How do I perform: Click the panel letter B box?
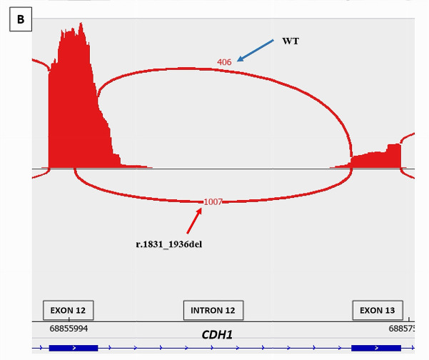tap(20, 19)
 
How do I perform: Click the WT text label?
tap(291, 41)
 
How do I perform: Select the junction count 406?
tap(224, 62)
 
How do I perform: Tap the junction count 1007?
tap(213, 202)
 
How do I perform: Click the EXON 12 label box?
tap(69, 311)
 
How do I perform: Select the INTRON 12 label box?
tap(213, 311)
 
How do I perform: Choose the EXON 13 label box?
tap(377, 311)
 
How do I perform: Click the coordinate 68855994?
tap(69, 329)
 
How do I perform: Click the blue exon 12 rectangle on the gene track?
tap(74, 348)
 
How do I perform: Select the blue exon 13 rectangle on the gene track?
tap(375, 348)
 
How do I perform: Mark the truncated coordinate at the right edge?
tap(401, 329)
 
